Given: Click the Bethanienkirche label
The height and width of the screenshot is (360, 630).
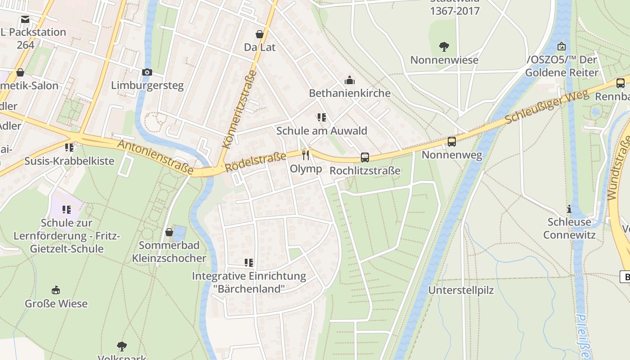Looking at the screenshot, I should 350,93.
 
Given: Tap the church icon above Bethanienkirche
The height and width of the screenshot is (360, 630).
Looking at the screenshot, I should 350,81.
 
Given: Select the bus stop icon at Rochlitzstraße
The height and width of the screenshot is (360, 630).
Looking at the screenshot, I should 365,158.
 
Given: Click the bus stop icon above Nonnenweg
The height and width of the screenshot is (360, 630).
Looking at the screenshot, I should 452,142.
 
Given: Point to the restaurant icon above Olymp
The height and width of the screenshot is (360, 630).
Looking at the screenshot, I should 306,155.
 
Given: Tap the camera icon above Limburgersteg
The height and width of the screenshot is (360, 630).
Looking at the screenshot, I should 147,72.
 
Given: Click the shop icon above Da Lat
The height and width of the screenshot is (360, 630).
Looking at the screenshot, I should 260,34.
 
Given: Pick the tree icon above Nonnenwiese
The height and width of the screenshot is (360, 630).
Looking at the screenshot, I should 444,46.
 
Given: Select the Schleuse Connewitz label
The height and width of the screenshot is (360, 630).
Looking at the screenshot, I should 569,228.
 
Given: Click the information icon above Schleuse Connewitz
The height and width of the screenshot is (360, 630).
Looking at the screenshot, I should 569,209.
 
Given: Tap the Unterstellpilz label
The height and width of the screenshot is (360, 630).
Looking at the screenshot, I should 461,290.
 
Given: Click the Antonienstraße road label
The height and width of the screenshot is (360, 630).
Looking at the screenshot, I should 155,157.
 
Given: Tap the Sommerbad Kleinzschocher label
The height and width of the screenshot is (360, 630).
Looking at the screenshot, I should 169,252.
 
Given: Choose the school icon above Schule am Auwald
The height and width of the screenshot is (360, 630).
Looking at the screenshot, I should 322,118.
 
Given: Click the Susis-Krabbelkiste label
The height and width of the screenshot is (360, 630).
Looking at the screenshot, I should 69,161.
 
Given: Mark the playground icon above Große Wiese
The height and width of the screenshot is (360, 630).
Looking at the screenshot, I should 56,290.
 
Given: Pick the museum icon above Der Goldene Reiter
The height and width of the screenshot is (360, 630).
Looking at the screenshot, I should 562,46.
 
